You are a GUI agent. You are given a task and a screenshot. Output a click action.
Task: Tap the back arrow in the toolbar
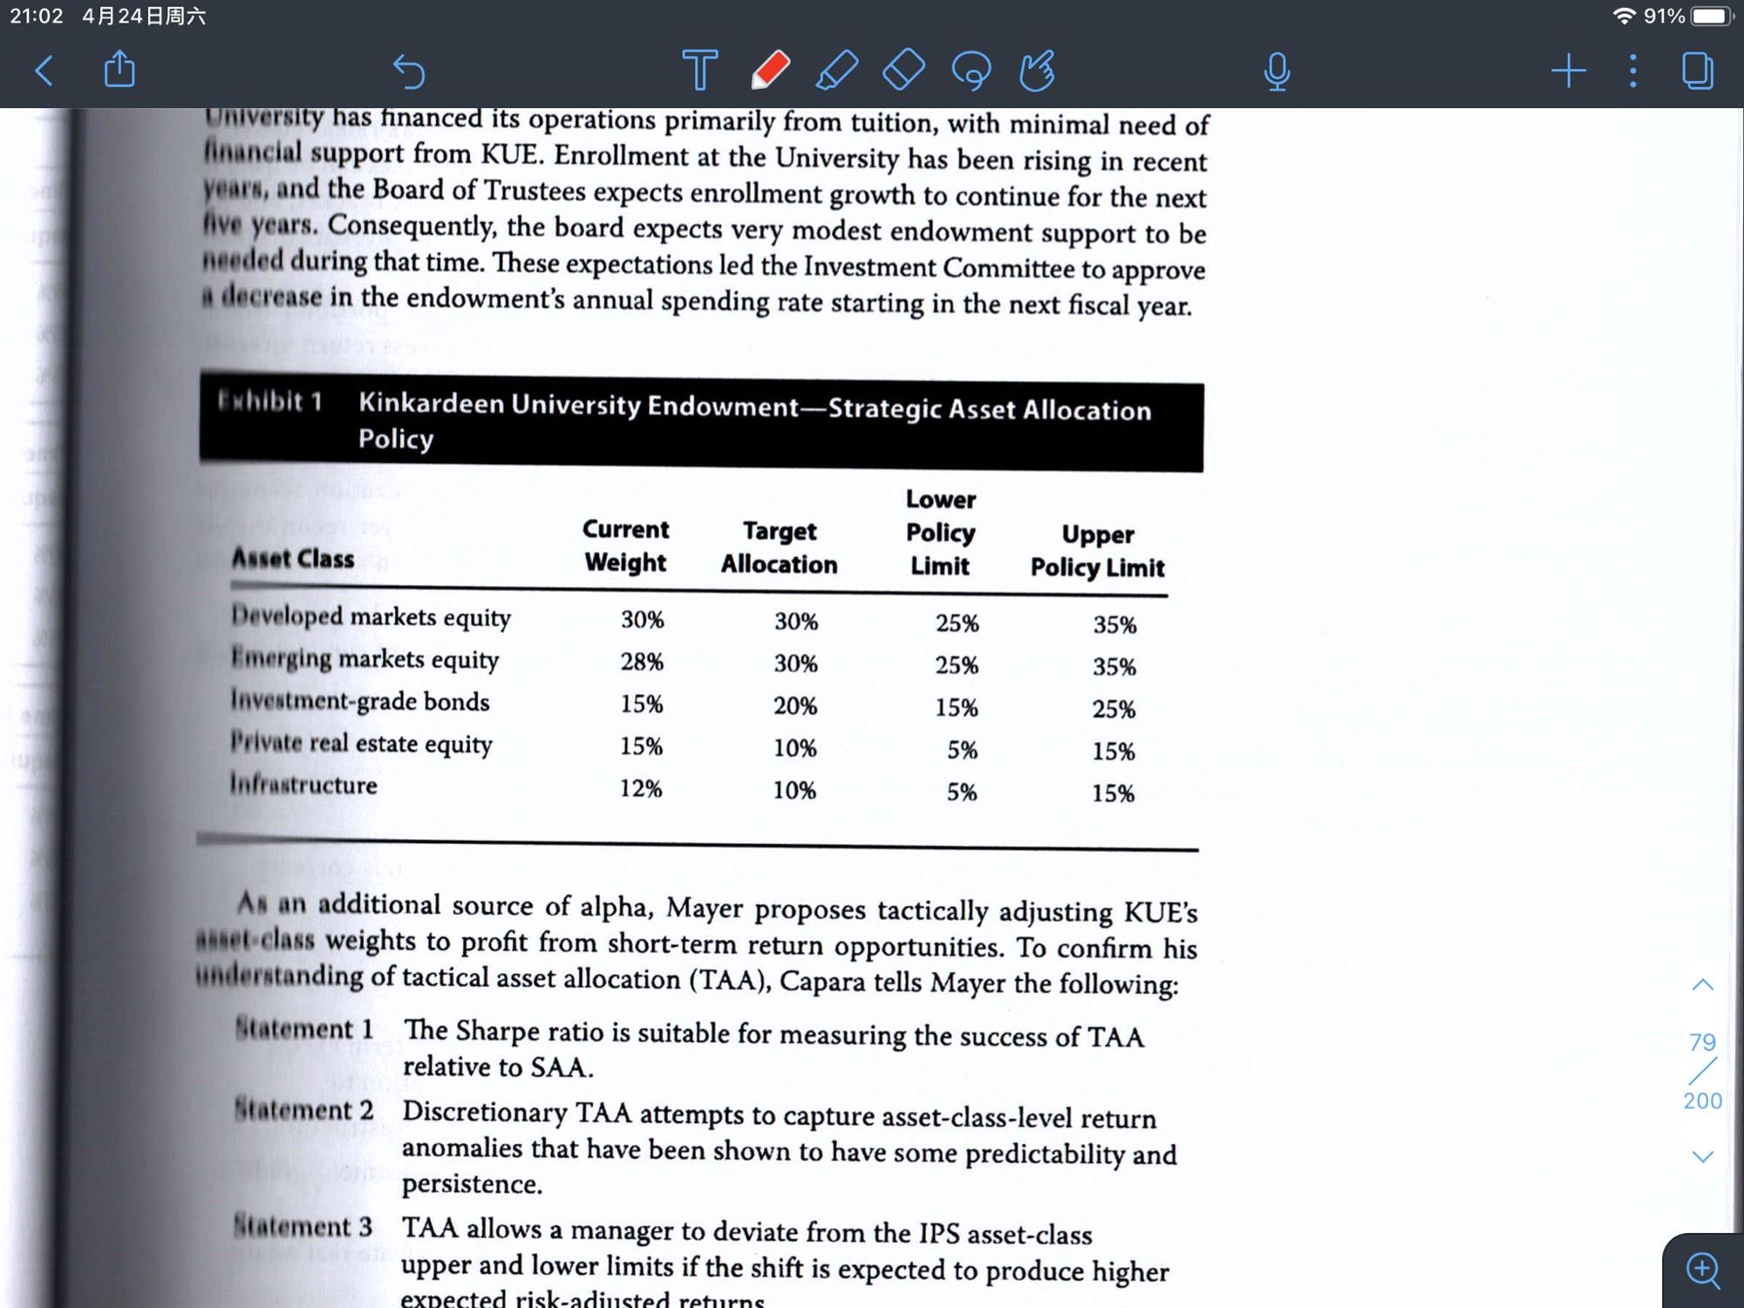[x=44, y=71]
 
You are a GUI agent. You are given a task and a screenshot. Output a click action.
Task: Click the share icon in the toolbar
[x=119, y=69]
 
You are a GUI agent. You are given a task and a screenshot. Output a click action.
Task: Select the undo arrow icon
[x=408, y=71]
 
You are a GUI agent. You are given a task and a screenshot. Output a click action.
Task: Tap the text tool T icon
[x=699, y=71]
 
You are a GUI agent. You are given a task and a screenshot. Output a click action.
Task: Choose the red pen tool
[x=770, y=71]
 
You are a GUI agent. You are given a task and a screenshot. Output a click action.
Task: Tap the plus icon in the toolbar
[x=1568, y=71]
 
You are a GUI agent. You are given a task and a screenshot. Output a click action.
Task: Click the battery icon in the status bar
[x=1711, y=17]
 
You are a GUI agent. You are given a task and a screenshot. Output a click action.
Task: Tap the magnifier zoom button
[x=1703, y=1270]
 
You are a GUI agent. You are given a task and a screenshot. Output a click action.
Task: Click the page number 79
[x=1702, y=1042]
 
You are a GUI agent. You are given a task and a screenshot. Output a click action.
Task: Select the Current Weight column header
[x=625, y=546]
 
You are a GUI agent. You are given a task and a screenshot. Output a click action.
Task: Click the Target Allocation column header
[x=779, y=548]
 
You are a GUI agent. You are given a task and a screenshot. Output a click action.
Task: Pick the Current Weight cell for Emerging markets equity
[x=642, y=662]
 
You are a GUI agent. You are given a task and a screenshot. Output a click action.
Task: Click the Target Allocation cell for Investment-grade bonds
[x=794, y=705]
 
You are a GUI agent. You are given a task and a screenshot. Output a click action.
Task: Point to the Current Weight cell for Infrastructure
[x=641, y=788]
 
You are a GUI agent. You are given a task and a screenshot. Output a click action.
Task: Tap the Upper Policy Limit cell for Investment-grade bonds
[x=1114, y=709]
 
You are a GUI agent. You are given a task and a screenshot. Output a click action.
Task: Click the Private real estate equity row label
[x=361, y=743]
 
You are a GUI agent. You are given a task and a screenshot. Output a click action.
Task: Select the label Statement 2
[x=303, y=1110]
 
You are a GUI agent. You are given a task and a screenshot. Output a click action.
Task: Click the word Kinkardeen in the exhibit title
[x=431, y=403]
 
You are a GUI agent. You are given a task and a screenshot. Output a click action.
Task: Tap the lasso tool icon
[x=971, y=71]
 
